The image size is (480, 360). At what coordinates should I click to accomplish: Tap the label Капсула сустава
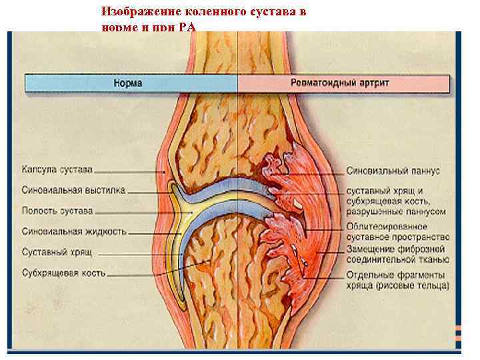click(57, 169)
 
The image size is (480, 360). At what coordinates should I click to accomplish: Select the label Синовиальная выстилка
click(73, 190)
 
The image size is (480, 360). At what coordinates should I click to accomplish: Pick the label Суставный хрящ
click(56, 253)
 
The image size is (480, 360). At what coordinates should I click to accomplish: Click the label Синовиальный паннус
click(393, 171)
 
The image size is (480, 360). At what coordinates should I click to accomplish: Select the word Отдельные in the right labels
click(371, 275)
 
